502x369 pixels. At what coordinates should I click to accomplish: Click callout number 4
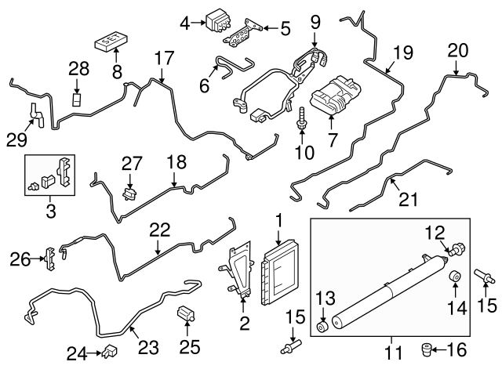click(186, 23)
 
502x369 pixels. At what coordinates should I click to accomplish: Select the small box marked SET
click(112, 40)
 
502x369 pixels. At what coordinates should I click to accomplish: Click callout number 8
click(117, 71)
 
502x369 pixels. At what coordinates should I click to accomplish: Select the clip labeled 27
click(129, 190)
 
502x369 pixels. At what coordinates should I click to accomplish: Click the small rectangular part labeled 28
click(78, 100)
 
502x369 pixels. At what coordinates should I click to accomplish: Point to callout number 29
click(16, 139)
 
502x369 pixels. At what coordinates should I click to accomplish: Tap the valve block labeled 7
click(332, 100)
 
